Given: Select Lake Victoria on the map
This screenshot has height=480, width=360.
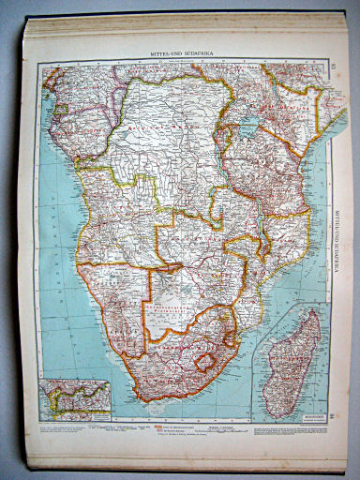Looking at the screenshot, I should pyautogui.click(x=248, y=127).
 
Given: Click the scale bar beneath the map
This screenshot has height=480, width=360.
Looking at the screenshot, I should pyautogui.click(x=187, y=427).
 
